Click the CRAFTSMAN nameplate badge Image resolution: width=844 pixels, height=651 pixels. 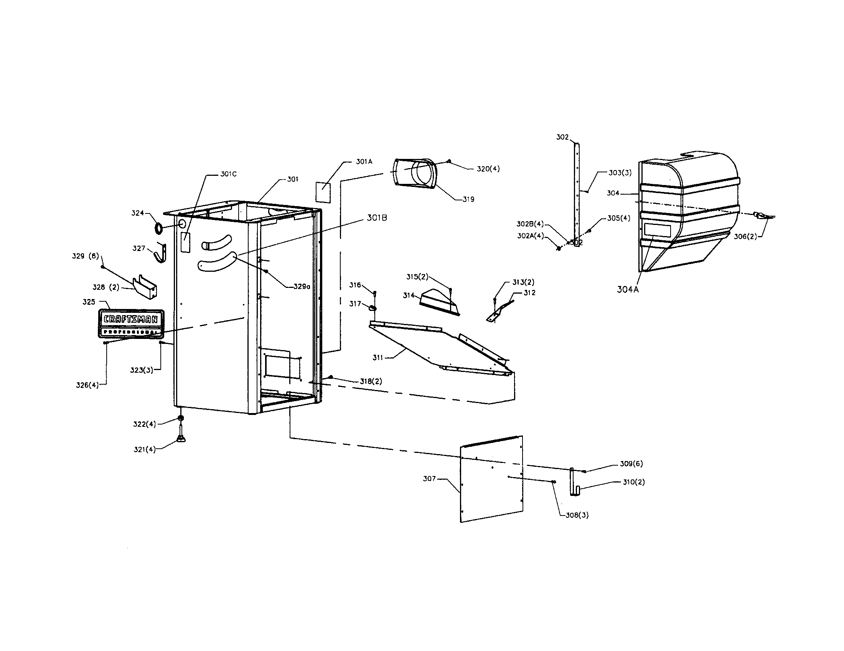coord(131,324)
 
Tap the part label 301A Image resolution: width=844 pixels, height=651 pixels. coord(364,162)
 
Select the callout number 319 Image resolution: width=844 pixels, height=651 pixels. coord(468,200)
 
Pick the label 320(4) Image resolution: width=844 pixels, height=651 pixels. coord(488,169)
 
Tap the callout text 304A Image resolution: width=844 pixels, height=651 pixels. coord(628,289)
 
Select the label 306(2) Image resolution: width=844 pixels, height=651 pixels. coord(745,236)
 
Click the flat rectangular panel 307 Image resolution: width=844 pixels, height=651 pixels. coord(491,479)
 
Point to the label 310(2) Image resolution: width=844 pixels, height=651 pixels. coord(634,482)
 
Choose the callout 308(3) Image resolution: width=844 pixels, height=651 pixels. coord(577,515)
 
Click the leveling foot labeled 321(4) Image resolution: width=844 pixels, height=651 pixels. coord(180,437)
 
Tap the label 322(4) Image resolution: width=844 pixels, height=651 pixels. coord(145,424)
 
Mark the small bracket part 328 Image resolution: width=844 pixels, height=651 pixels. coord(145,287)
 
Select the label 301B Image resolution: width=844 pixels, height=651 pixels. coord(377,218)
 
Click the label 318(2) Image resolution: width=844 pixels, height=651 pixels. coord(371,382)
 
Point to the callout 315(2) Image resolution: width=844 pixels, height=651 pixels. coord(417,277)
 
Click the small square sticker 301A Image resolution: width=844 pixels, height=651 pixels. coord(323,192)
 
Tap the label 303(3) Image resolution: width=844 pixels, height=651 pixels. coord(620,173)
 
